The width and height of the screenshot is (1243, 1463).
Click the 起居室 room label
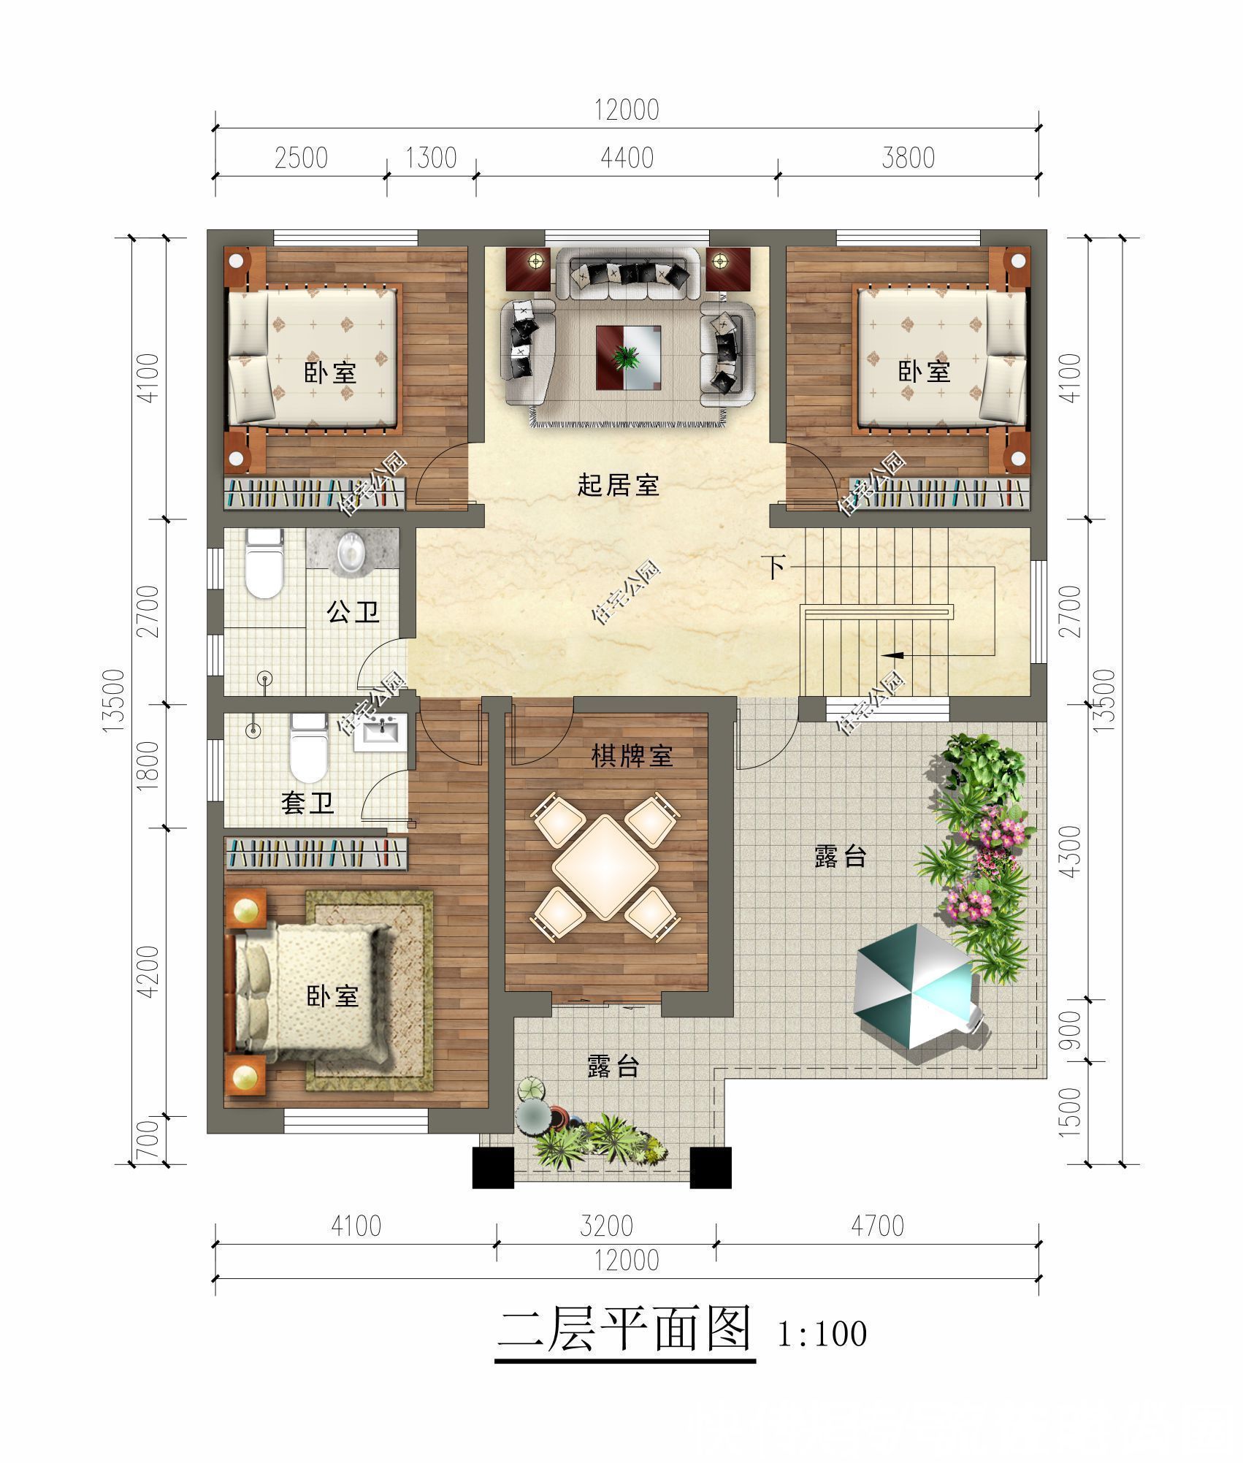[x=618, y=485]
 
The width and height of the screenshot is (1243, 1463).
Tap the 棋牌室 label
[x=632, y=757]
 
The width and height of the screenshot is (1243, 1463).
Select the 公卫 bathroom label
[x=353, y=612]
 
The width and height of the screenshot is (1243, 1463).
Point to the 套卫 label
[x=307, y=803]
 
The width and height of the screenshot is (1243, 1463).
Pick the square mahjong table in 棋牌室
[x=605, y=867]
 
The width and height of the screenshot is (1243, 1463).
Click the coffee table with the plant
[x=628, y=357]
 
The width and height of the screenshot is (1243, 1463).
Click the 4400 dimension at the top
[x=627, y=158]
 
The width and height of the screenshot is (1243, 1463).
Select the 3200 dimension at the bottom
[x=606, y=1226]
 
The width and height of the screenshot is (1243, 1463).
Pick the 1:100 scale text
[x=822, y=1334]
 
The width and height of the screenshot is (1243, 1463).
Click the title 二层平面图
[x=624, y=1329]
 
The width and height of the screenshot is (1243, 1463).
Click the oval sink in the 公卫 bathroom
[x=351, y=552]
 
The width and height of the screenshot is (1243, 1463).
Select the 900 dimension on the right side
[x=1071, y=1031]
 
